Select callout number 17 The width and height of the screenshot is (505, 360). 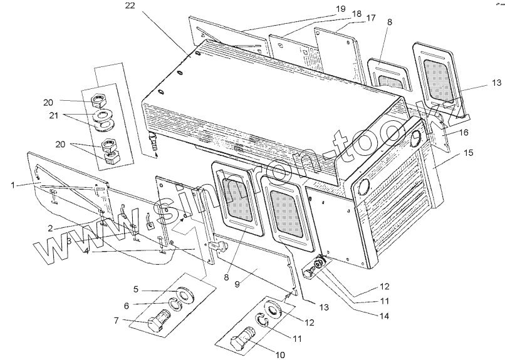point(371,18)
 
